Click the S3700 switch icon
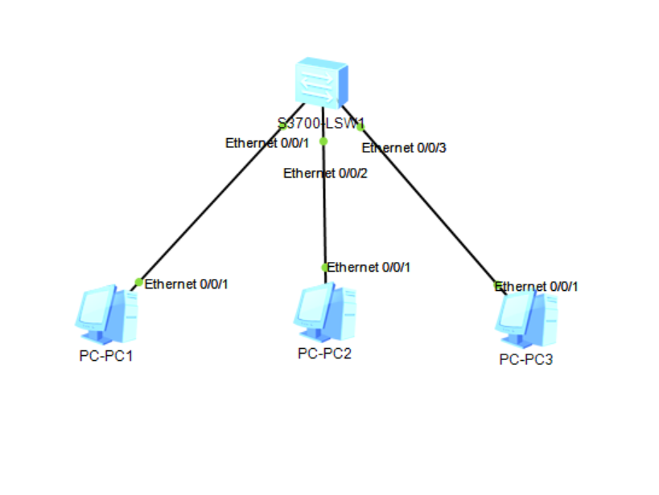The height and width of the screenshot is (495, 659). (323, 82)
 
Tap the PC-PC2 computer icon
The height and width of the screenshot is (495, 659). (325, 313)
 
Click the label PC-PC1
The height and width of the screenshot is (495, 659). (105, 356)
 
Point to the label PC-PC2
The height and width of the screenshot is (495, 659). (324, 353)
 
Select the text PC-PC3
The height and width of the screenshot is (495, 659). (526, 359)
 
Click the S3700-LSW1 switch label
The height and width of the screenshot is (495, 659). (321, 124)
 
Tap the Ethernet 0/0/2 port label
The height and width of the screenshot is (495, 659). (325, 173)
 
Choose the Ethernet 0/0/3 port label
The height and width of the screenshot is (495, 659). (404, 148)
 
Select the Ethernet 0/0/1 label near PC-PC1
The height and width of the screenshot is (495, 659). (187, 284)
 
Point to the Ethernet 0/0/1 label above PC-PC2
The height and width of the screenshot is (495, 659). (369, 267)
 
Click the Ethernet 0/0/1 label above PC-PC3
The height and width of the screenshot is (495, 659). (537, 286)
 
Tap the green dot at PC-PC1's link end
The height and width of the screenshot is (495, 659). (139, 282)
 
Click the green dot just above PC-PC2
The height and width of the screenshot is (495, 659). (325, 268)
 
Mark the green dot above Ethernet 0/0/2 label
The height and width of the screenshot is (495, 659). (323, 141)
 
